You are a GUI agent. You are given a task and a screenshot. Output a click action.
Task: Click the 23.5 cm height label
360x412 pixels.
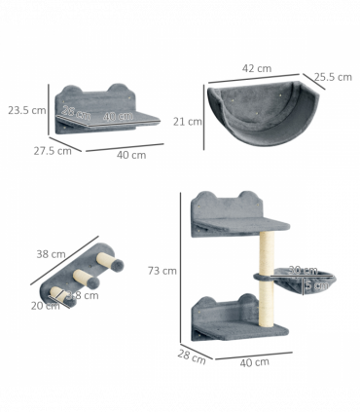tap(26, 109)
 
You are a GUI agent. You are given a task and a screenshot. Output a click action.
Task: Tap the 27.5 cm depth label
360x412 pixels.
tap(51, 150)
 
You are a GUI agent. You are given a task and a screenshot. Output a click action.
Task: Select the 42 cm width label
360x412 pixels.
tap(256, 68)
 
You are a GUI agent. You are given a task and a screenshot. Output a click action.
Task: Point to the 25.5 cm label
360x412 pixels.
tap(332, 77)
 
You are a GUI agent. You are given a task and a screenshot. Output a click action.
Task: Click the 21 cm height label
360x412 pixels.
tap(187, 122)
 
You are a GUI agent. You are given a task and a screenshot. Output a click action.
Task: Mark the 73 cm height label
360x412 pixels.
tap(162, 270)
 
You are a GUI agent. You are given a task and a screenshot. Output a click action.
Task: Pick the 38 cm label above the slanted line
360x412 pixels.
tap(51, 253)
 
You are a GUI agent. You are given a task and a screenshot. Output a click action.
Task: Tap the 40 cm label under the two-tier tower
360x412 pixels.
tap(254, 362)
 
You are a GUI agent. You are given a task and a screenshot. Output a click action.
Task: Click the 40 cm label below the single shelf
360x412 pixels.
tap(131, 154)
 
